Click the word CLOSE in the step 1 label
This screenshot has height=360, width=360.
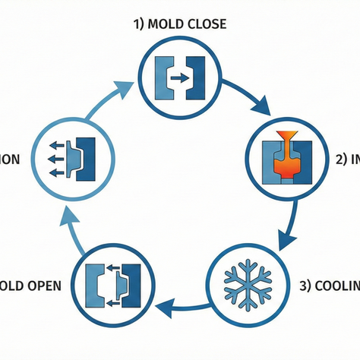point(202,24)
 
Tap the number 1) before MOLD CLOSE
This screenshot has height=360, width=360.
point(137,24)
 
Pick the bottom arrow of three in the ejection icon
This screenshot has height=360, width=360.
point(54,171)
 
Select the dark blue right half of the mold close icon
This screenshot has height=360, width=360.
point(197,76)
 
